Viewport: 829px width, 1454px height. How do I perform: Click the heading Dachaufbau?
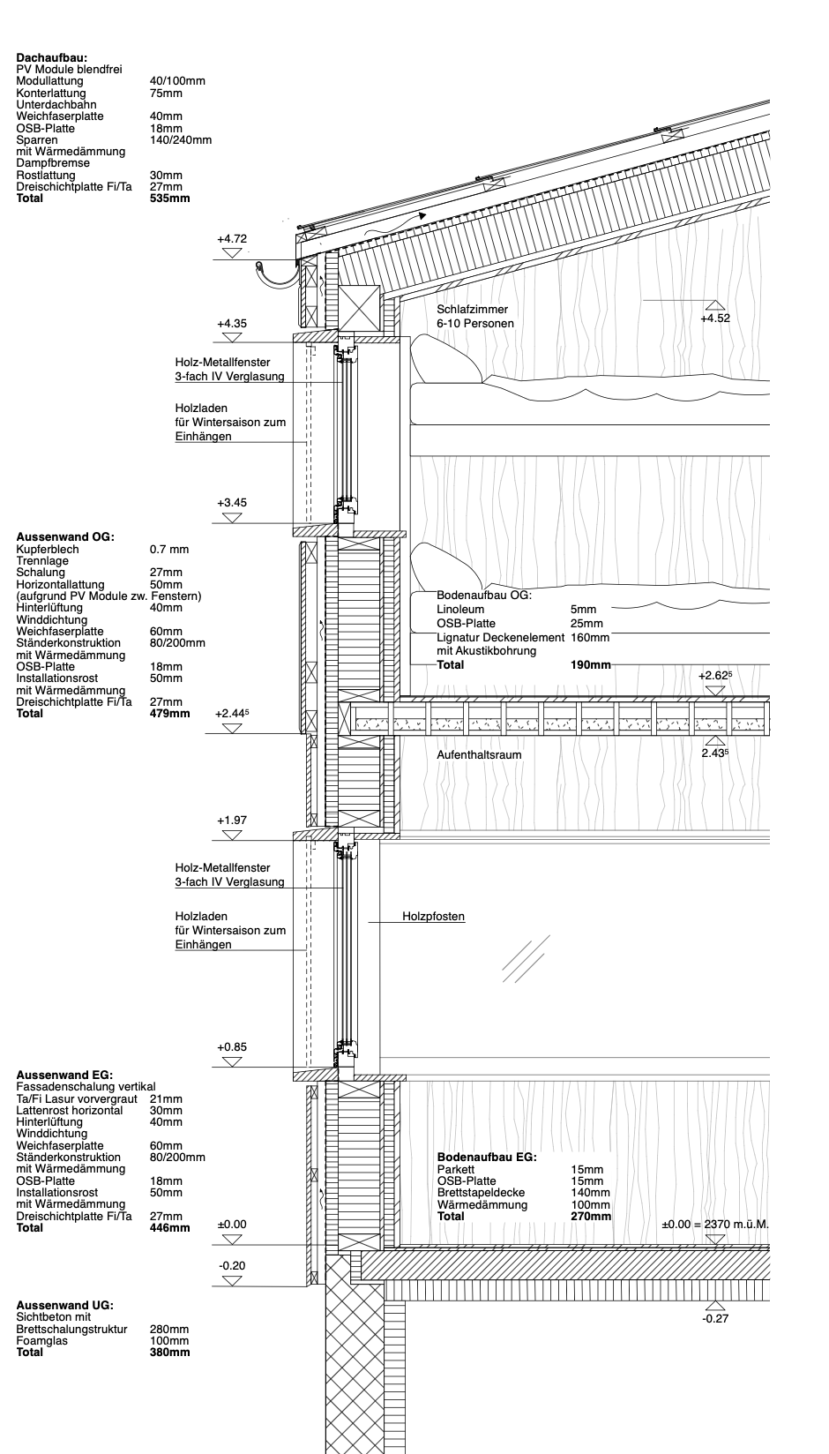pos(51,57)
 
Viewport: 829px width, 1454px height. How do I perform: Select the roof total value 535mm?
pos(170,199)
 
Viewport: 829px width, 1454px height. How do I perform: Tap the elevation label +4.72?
pos(232,239)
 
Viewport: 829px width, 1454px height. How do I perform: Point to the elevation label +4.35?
pos(232,324)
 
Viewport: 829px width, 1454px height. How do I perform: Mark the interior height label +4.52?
pos(714,319)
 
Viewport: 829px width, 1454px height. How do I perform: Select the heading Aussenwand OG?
pos(66,536)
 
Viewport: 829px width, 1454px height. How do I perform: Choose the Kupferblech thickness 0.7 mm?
pos(169,549)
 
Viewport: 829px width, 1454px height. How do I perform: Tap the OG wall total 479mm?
pos(170,713)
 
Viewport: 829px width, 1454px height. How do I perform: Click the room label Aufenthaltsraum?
pos(479,755)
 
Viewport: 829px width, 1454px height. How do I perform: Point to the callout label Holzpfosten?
pos(433,917)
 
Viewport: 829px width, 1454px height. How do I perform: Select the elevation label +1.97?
pos(232,821)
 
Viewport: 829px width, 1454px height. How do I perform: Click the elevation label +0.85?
pos(232,1047)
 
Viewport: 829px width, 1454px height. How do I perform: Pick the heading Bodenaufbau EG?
pos(487,1157)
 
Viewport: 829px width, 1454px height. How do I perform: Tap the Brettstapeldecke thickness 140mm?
pos(590,1193)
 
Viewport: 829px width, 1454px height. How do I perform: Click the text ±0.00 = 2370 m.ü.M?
pos(715,1225)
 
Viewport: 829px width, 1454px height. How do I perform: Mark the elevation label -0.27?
pos(714,1318)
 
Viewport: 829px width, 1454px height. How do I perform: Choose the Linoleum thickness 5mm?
pos(583,609)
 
